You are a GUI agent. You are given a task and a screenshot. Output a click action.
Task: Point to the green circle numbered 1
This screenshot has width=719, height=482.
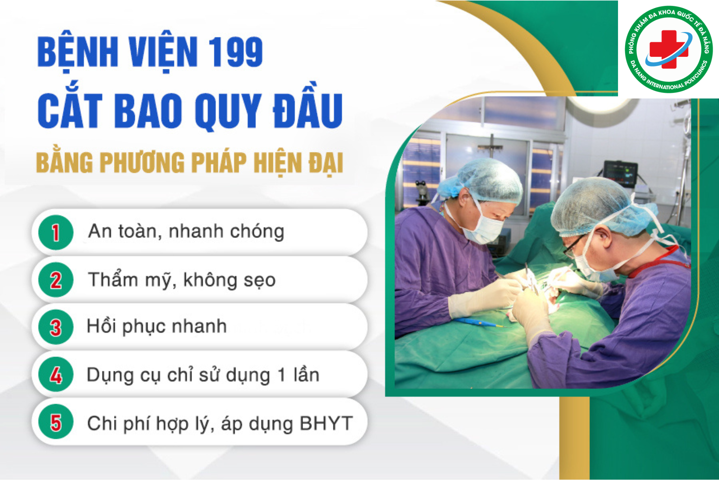click(x=56, y=232)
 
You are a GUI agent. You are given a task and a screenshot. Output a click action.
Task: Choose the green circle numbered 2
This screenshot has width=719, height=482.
click(x=56, y=280)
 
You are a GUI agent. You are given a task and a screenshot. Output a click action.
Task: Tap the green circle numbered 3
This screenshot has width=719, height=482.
click(x=56, y=327)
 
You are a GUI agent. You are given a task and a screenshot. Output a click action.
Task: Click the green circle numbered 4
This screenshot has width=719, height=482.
click(x=56, y=375)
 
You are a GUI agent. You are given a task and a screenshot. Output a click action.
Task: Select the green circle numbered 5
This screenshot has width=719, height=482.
click(x=56, y=422)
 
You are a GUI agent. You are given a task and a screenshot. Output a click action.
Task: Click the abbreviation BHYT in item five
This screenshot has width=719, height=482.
click(x=326, y=423)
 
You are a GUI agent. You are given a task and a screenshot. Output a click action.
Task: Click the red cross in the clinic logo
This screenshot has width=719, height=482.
click(x=669, y=49)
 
